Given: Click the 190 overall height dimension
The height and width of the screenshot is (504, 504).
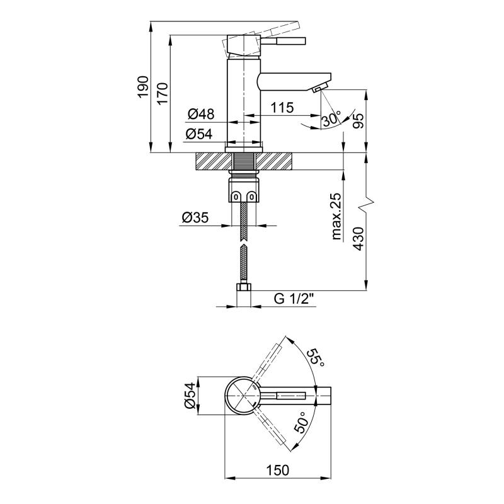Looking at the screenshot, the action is point(143,88).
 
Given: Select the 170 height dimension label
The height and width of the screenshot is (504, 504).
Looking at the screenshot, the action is point(163,93).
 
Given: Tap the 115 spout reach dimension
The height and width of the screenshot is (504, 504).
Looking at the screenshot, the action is point(282,108).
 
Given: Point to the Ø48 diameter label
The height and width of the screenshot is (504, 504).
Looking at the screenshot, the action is point(201,114).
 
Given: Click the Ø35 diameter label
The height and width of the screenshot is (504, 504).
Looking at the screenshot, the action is point(195,217).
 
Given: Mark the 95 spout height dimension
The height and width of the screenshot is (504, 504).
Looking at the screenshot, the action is point(358,121).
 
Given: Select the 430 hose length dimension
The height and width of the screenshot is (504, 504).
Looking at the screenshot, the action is point(358,239).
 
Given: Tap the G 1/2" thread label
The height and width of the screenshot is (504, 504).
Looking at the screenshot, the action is point(294,299).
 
